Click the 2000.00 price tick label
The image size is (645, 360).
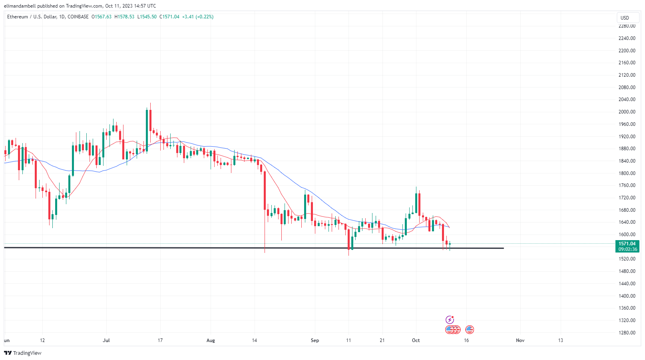point(627,112)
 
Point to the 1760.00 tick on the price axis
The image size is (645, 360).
point(627,185)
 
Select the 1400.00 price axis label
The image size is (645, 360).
point(627,296)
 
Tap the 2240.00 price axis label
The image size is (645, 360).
point(627,38)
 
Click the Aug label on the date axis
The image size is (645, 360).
point(211,340)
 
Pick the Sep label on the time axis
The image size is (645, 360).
point(315,340)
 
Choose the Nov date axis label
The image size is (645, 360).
point(520,340)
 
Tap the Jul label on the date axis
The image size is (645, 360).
point(106,340)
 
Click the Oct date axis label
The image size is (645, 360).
point(416,340)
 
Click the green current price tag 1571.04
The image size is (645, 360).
point(627,244)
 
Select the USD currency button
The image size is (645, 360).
point(625,18)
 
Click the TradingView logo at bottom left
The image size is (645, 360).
point(23,353)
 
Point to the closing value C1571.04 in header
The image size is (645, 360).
point(169,17)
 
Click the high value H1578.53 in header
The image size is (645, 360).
point(124,17)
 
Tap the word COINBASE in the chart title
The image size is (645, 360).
point(78,17)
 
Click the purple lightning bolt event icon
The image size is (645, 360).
point(450,320)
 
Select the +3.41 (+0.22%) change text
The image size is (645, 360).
point(198,17)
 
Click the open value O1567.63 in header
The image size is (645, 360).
point(102,17)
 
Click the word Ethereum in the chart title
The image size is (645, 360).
point(18,17)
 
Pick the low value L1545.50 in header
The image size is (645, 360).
point(147,17)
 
